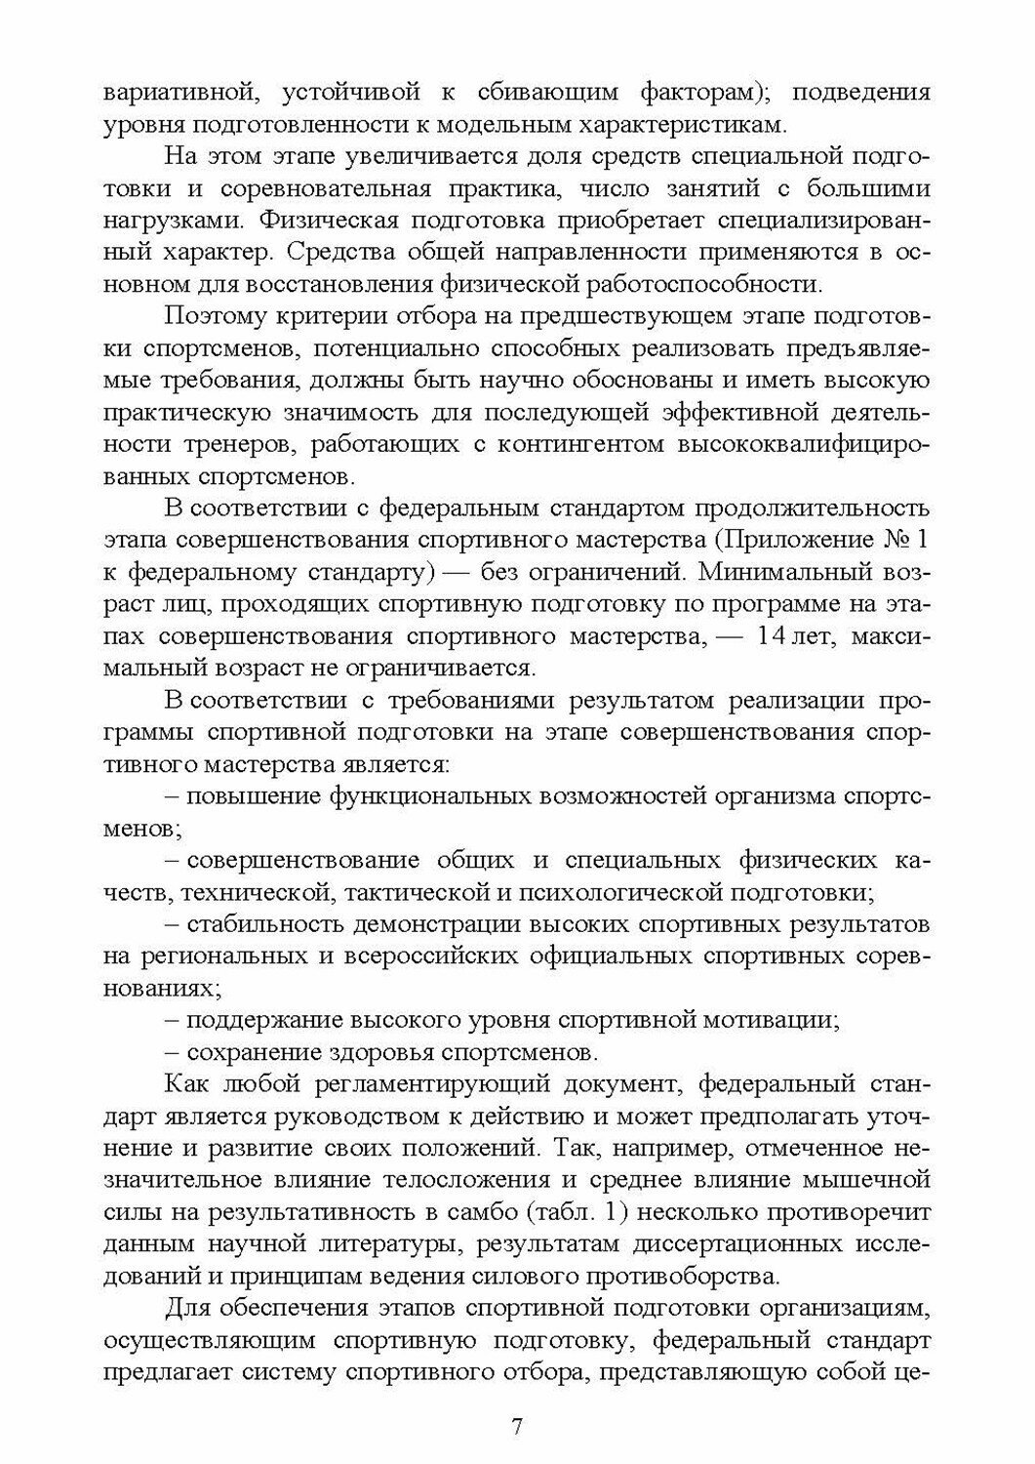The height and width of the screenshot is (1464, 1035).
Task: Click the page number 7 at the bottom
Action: click(517, 1426)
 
